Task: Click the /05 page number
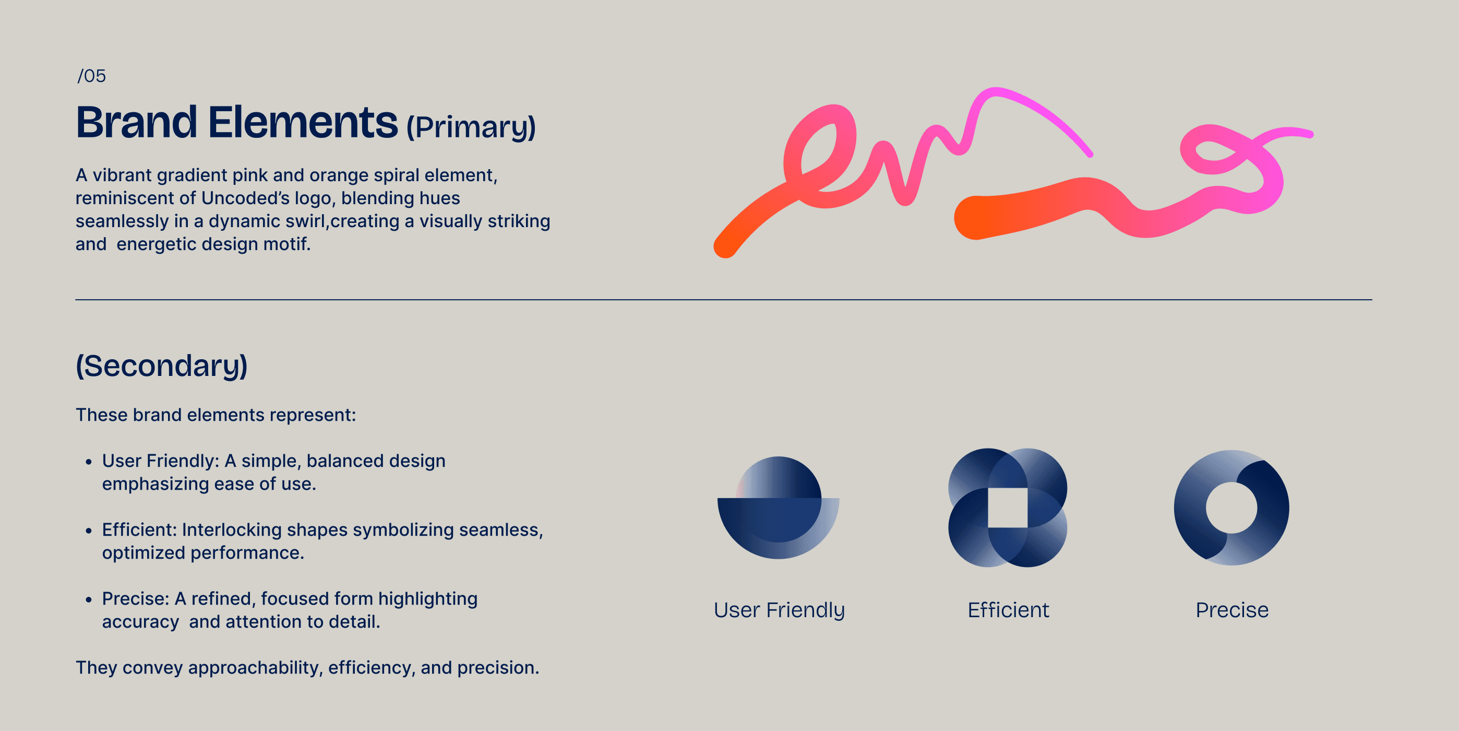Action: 92,76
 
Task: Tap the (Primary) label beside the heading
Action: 471,127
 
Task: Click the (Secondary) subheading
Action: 162,365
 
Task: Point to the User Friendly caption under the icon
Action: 779,610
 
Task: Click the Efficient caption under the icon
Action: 1008,610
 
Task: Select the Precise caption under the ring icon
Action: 1232,610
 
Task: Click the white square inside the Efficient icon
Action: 1008,508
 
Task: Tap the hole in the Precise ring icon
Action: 1231,508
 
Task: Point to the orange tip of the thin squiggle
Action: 725,247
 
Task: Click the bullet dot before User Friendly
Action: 88,462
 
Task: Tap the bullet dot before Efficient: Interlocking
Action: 88,531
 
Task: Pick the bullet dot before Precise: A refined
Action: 88,599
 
